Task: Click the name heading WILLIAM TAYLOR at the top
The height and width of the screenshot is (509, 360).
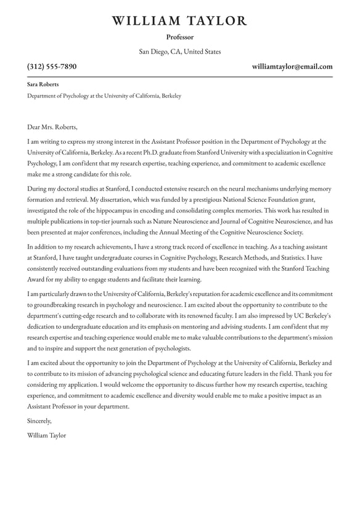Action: (x=179, y=21)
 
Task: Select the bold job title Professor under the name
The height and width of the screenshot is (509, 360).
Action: (x=179, y=37)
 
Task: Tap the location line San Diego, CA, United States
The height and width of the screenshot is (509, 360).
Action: (x=179, y=52)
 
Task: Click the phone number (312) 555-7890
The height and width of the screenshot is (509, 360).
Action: (x=52, y=67)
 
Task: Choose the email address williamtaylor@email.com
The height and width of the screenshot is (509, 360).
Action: (x=292, y=67)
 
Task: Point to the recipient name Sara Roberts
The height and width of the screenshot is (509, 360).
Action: (x=43, y=84)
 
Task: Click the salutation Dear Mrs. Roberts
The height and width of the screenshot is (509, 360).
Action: (x=53, y=127)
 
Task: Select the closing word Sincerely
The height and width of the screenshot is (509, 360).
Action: (x=39, y=421)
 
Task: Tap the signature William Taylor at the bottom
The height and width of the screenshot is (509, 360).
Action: (x=46, y=436)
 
